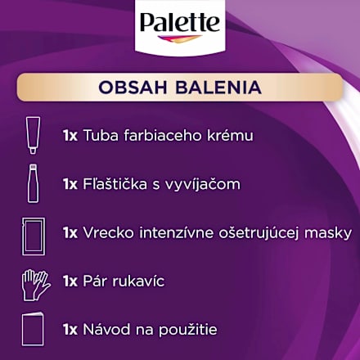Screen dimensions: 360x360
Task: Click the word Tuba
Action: coord(101,135)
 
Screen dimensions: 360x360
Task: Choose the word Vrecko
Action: coord(106,232)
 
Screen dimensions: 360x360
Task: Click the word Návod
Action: coord(105,330)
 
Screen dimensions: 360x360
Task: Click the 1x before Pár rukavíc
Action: coord(70,281)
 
